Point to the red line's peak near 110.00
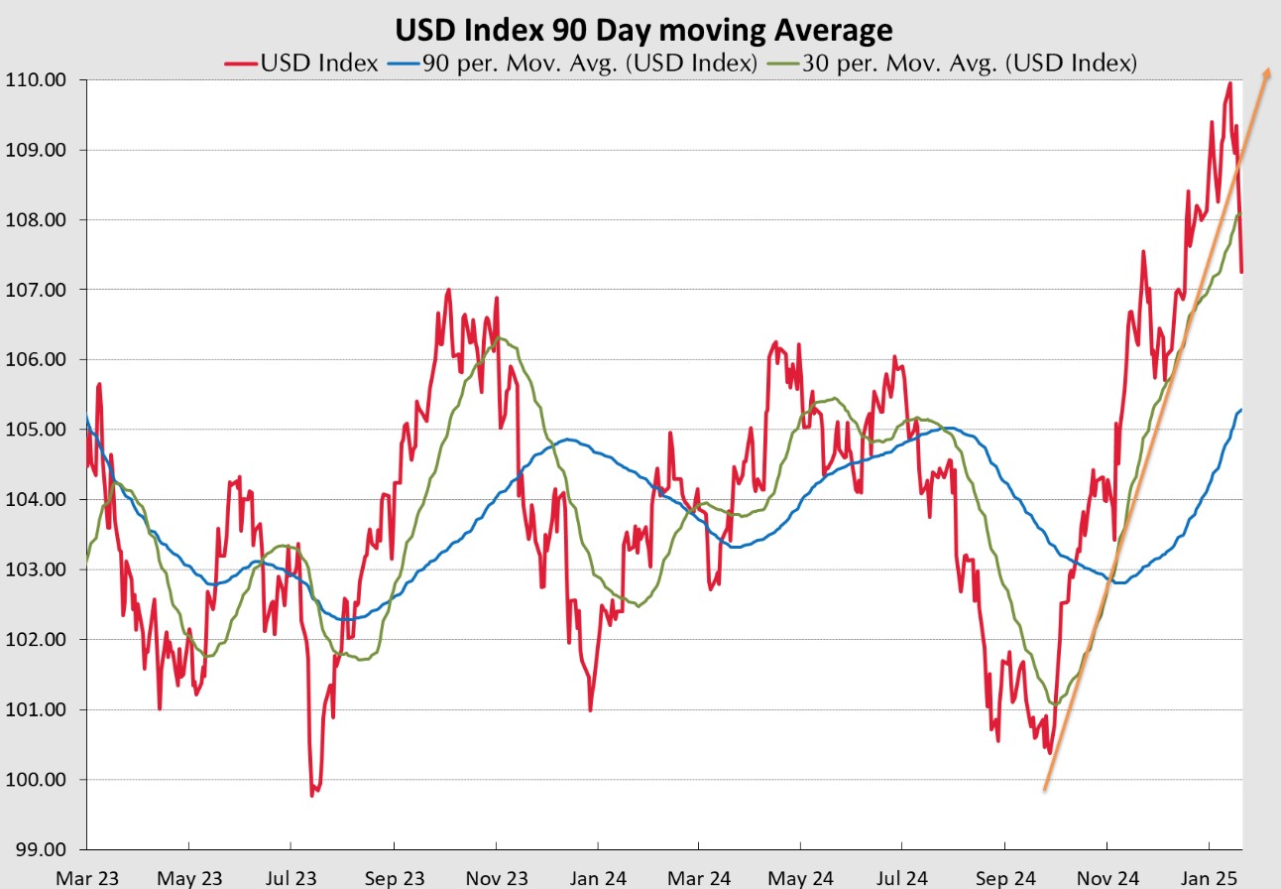coord(1229,83)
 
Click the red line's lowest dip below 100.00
coord(312,795)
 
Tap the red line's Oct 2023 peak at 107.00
coord(448,290)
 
